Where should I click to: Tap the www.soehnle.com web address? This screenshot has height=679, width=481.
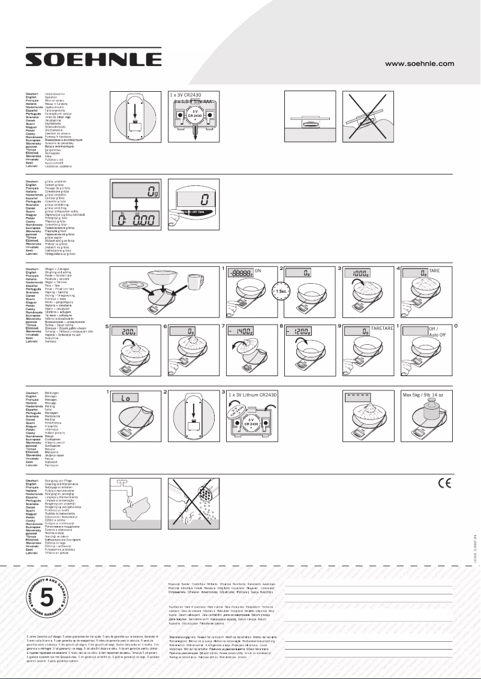pyautogui.click(x=419, y=64)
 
